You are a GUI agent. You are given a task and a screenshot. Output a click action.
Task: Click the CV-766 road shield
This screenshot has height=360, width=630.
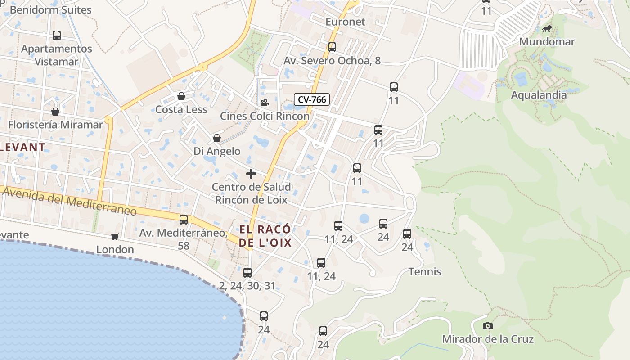312,99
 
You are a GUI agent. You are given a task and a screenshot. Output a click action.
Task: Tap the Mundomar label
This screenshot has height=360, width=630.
547,42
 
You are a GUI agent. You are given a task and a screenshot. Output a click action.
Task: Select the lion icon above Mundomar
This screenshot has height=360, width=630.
547,29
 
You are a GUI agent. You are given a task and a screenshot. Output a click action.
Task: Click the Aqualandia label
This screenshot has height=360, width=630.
539,95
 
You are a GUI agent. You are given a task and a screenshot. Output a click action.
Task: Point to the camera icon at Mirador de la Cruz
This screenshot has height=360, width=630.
487,326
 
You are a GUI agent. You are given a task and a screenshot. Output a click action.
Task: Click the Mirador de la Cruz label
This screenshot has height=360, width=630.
487,339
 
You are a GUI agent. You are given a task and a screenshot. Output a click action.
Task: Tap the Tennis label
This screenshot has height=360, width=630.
425,272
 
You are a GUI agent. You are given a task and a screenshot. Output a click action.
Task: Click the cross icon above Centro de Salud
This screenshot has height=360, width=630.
251,174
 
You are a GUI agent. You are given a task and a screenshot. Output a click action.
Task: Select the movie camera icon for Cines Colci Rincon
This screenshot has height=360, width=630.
265,103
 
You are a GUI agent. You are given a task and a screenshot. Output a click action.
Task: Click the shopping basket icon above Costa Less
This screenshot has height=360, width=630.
181,96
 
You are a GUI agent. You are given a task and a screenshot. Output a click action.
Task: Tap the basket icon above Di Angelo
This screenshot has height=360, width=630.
217,138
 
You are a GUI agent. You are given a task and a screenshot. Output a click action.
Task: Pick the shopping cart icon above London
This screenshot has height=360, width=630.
115,236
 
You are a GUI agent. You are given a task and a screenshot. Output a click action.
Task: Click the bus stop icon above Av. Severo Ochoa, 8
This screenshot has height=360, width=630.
332,47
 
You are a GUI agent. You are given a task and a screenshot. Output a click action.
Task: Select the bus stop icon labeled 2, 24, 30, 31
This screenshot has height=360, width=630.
247,272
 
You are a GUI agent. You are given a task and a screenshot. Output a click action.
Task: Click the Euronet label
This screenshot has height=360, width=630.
345,22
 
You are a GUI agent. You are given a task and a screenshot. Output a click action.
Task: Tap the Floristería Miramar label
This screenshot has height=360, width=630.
55,125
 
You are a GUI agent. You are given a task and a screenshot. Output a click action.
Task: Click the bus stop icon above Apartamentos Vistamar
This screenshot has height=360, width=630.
57,35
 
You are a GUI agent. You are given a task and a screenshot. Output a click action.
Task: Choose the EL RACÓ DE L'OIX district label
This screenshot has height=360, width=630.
265,236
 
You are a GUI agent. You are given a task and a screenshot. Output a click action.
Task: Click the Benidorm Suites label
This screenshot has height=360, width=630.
50,9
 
